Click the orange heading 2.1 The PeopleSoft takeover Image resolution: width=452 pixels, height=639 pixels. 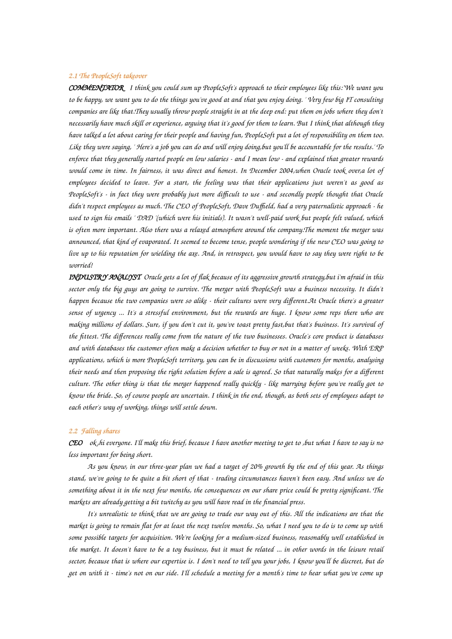(108, 76)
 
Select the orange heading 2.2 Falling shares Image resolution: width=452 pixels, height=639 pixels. (94, 431)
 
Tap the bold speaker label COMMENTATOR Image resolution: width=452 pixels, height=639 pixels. (97, 88)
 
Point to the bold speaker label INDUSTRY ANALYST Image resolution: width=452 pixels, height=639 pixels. (105, 277)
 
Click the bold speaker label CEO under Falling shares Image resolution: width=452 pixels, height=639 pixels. (76, 443)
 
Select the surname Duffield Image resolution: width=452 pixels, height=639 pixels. (247, 206)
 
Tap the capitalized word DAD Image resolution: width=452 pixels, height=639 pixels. (145, 218)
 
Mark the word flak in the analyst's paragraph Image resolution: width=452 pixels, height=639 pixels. (204, 277)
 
